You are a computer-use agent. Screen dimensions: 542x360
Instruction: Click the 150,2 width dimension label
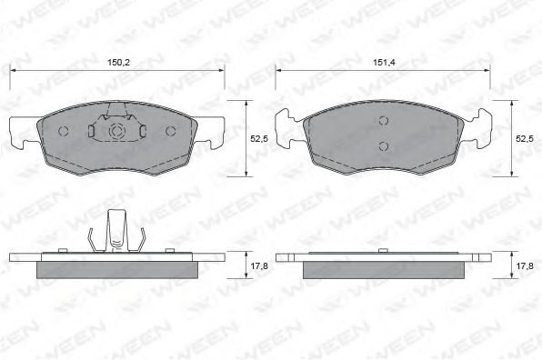click(x=118, y=63)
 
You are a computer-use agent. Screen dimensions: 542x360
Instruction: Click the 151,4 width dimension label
click(x=384, y=63)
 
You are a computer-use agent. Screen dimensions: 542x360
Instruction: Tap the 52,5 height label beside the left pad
click(x=259, y=138)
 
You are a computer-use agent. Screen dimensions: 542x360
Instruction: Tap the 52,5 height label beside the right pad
click(x=525, y=138)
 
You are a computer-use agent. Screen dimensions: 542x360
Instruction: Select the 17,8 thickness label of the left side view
click(x=259, y=265)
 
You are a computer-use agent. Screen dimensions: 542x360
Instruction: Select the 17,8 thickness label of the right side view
click(x=525, y=265)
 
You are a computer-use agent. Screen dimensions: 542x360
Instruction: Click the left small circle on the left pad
click(x=64, y=131)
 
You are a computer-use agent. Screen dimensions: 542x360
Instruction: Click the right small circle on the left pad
click(x=170, y=131)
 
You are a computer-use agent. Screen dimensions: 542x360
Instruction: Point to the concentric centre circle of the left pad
click(x=116, y=131)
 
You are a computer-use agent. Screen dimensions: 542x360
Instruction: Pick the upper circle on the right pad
click(x=384, y=121)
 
